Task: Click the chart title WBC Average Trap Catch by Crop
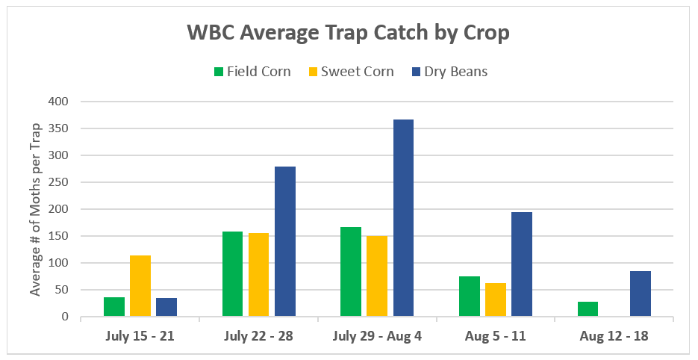click(x=348, y=34)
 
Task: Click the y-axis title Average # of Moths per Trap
click(x=35, y=209)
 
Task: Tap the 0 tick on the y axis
click(x=65, y=317)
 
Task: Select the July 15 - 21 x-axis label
click(x=140, y=336)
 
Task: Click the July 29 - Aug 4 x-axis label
click(x=376, y=336)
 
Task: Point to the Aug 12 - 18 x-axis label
click(x=614, y=336)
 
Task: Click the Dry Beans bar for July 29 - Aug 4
click(x=403, y=218)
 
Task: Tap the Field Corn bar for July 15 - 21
click(x=114, y=307)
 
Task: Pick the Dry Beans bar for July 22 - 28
click(x=285, y=242)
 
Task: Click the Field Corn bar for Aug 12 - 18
click(x=588, y=309)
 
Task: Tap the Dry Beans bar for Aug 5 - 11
click(x=522, y=264)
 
